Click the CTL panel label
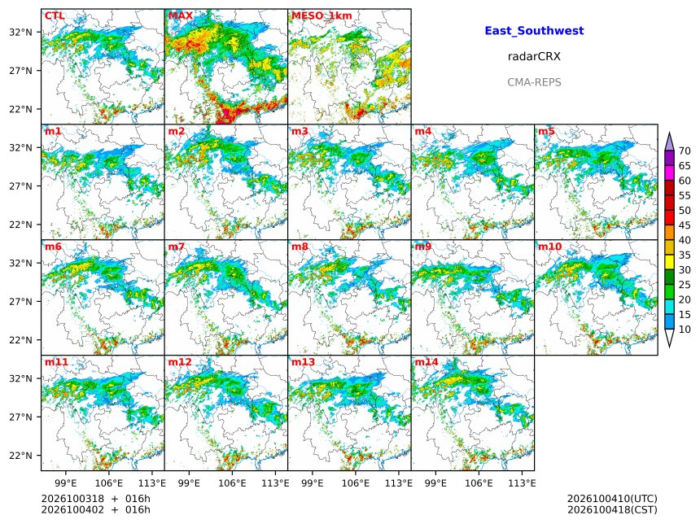55,15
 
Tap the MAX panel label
181,15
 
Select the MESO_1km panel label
322,15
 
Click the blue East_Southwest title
535,31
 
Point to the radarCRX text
534,56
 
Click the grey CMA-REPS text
534,82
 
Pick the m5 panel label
546,131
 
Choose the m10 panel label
549,247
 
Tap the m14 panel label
427,362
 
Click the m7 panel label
177,247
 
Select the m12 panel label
179,362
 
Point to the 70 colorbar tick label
685,151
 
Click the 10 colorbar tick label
685,330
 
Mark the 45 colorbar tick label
685,225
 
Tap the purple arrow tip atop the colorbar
669,133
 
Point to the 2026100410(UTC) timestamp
612,499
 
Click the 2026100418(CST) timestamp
612,509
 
